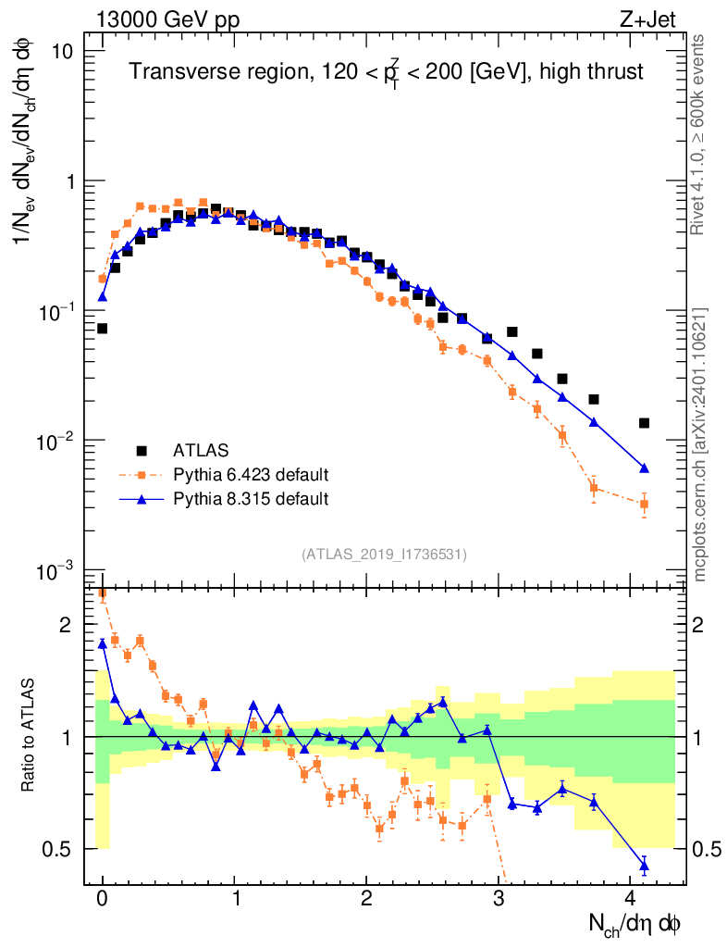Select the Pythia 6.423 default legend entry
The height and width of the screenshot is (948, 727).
pyautogui.click(x=251, y=475)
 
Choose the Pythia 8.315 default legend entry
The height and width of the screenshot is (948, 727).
pyautogui.click(x=251, y=499)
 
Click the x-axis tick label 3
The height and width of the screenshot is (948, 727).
pyautogui.click(x=499, y=898)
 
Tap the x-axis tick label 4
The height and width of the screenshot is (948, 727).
pyautogui.click(x=631, y=898)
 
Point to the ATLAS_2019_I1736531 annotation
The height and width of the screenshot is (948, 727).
pyautogui.click(x=384, y=555)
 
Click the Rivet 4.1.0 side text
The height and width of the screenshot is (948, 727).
pyautogui.click(x=699, y=134)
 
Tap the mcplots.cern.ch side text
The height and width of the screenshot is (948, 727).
pyautogui.click(x=699, y=444)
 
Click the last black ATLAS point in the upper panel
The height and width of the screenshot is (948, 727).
pyautogui.click(x=644, y=423)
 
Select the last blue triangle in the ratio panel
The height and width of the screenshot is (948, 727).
pyautogui.click(x=644, y=867)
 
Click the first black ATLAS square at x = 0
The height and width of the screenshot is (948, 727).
pyautogui.click(x=102, y=329)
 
